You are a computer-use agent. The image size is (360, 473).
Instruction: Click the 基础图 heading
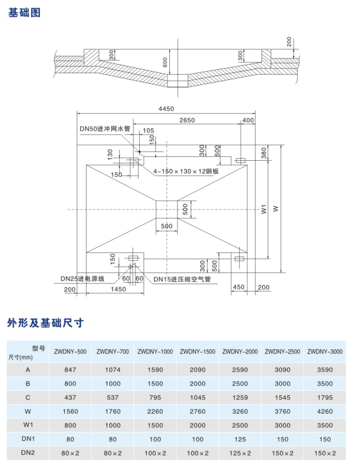[x=24, y=13]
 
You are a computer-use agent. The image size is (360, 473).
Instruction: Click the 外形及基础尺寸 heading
[x=45, y=323]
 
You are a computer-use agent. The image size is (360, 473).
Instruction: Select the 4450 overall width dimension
[x=166, y=109]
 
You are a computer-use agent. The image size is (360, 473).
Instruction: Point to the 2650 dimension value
[x=187, y=120]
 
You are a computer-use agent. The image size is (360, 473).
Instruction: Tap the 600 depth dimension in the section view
[x=165, y=62]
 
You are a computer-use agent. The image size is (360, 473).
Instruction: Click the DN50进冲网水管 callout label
[x=105, y=129]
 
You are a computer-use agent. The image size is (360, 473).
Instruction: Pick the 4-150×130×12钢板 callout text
[x=186, y=171]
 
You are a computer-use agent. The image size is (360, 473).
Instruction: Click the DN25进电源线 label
[x=83, y=279]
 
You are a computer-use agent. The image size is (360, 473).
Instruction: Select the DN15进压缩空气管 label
[x=182, y=279]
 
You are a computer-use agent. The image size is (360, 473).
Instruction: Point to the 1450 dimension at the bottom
[x=118, y=289]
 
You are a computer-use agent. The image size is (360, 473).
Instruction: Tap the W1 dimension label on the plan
[x=264, y=209]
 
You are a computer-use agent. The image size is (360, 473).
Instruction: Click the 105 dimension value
[x=148, y=131]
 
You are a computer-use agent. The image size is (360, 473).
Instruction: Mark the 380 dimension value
[x=264, y=153]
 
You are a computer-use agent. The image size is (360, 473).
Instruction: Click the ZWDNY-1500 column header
[x=197, y=352]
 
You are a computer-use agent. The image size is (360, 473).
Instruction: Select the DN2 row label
[x=28, y=452]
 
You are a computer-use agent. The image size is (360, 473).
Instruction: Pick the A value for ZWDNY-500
[x=70, y=370]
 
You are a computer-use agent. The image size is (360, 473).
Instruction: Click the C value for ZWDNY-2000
[x=240, y=398]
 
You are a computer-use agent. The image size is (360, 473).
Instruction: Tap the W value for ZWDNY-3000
[x=325, y=411]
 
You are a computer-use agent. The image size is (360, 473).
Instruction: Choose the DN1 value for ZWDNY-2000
[x=240, y=439]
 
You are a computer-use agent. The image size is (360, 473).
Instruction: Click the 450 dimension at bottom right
[x=239, y=287]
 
